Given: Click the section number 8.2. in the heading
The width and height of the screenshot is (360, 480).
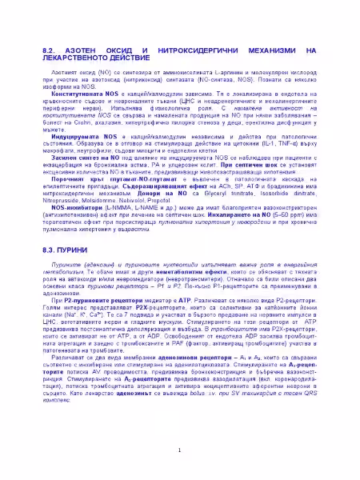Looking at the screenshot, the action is pos(50,50).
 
